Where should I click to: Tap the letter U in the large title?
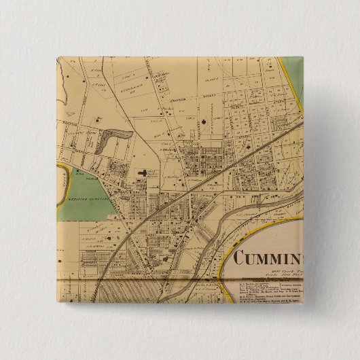[x=263, y=259]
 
